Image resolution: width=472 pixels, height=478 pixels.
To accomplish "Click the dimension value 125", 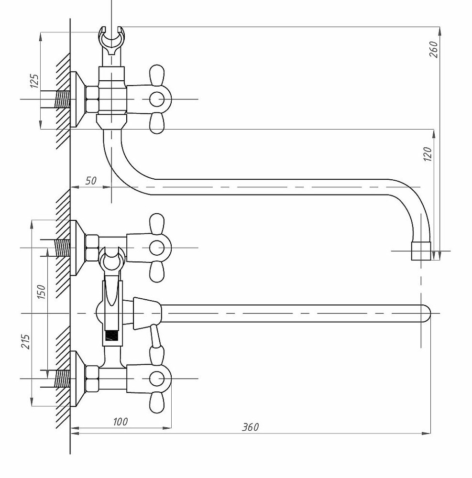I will pyautogui.click(x=34, y=81).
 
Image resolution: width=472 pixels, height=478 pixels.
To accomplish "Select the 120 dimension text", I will pyautogui.click(x=428, y=154).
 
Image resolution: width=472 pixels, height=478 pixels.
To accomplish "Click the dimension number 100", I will pyautogui.click(x=120, y=421).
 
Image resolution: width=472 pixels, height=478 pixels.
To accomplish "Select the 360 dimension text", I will pyautogui.click(x=250, y=427).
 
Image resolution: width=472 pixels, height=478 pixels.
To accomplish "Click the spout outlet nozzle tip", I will pyautogui.click(x=421, y=251).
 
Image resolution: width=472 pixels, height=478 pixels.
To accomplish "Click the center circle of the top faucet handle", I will pyautogui.click(x=156, y=99).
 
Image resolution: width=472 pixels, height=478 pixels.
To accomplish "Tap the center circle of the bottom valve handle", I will pyautogui.click(x=156, y=378).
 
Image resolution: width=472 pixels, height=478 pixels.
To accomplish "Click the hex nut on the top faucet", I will pyautogui.click(x=92, y=99).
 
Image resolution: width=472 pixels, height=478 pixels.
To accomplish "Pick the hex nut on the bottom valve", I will pyautogui.click(x=92, y=378).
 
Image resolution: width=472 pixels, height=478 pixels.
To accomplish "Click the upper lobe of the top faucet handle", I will pyautogui.click(x=157, y=74).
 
